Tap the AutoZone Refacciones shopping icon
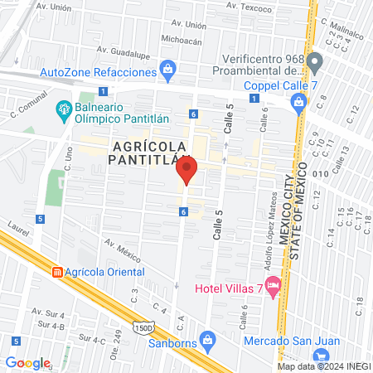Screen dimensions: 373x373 click(x=167, y=67)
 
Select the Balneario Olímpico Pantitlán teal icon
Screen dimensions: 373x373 click(x=62, y=109)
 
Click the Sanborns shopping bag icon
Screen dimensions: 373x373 click(x=208, y=339)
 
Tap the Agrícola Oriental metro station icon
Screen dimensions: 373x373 click(x=57, y=272)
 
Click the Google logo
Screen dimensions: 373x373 click(x=27, y=362)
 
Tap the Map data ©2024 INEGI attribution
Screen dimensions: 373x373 click(x=323, y=366)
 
